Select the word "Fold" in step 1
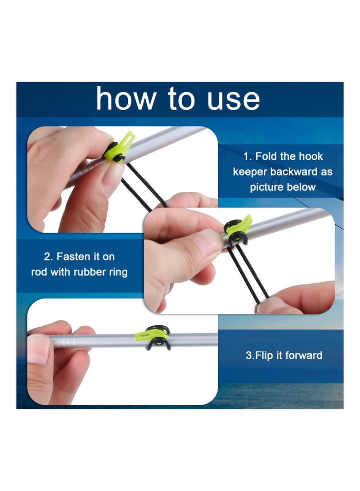272,157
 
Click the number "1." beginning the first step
247,157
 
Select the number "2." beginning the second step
49,257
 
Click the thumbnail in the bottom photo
38,349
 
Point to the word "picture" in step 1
266,187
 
